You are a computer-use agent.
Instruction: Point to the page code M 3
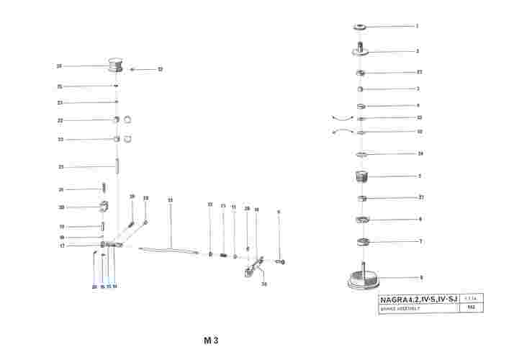click(x=210, y=341)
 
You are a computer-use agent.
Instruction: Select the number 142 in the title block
click(x=471, y=307)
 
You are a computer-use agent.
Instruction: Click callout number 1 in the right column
click(x=417, y=26)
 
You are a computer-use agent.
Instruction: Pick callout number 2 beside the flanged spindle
click(x=417, y=51)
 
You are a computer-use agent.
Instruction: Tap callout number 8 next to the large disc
click(x=421, y=277)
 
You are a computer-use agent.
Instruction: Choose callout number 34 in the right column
click(x=420, y=153)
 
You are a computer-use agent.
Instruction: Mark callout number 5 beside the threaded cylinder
click(x=419, y=176)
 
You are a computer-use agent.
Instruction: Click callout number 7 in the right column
click(x=420, y=241)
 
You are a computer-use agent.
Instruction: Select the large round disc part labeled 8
click(x=364, y=278)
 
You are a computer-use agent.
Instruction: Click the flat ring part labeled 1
click(x=360, y=27)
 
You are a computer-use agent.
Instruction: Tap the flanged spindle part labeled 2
click(x=361, y=50)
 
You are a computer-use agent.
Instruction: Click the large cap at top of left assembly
click(x=115, y=66)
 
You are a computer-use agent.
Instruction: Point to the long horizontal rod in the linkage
click(x=170, y=250)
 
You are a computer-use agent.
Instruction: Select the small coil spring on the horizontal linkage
click(x=223, y=254)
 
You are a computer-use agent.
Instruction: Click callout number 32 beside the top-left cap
click(x=160, y=69)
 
